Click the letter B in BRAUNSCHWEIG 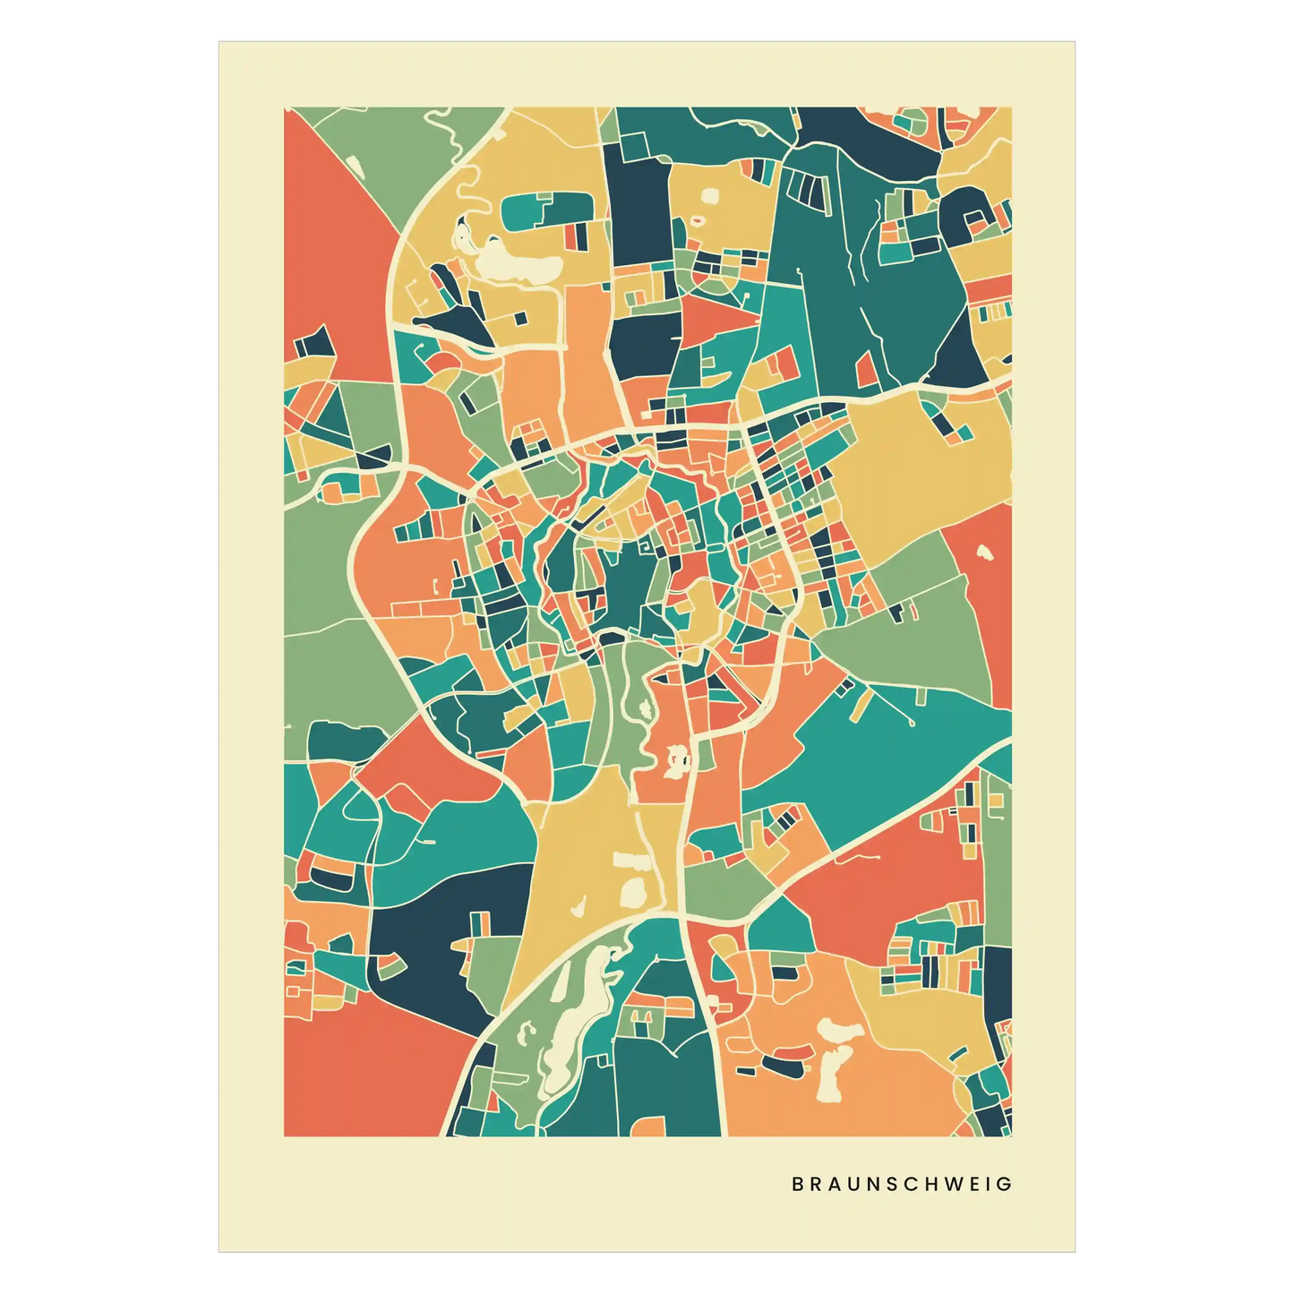(797, 1184)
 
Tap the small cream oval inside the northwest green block (354, 166)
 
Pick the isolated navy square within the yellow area (520, 317)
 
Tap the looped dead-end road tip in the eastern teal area (911, 722)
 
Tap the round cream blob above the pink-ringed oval (709, 194)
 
